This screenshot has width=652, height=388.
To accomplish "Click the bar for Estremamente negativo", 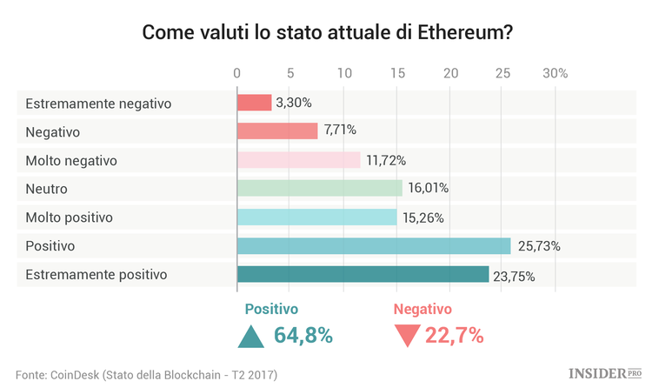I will (x=255, y=103).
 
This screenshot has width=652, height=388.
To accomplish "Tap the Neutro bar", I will (x=320, y=188).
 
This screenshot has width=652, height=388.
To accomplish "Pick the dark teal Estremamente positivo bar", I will (x=363, y=275).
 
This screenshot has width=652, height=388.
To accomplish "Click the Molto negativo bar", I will (x=298, y=160).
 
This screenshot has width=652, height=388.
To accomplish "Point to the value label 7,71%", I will (x=339, y=131).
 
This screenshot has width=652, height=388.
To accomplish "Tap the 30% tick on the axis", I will (x=555, y=73).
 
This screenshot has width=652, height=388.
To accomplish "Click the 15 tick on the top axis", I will (x=396, y=73).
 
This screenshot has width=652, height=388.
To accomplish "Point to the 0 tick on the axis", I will (x=237, y=73).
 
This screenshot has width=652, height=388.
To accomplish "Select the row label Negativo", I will (x=53, y=131).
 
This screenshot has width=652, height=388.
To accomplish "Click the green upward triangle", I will (x=251, y=336).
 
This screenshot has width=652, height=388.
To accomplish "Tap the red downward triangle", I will (x=406, y=336).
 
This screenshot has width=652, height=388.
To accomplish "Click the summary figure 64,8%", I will (x=303, y=335).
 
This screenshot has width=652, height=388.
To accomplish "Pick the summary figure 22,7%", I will (x=454, y=335).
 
